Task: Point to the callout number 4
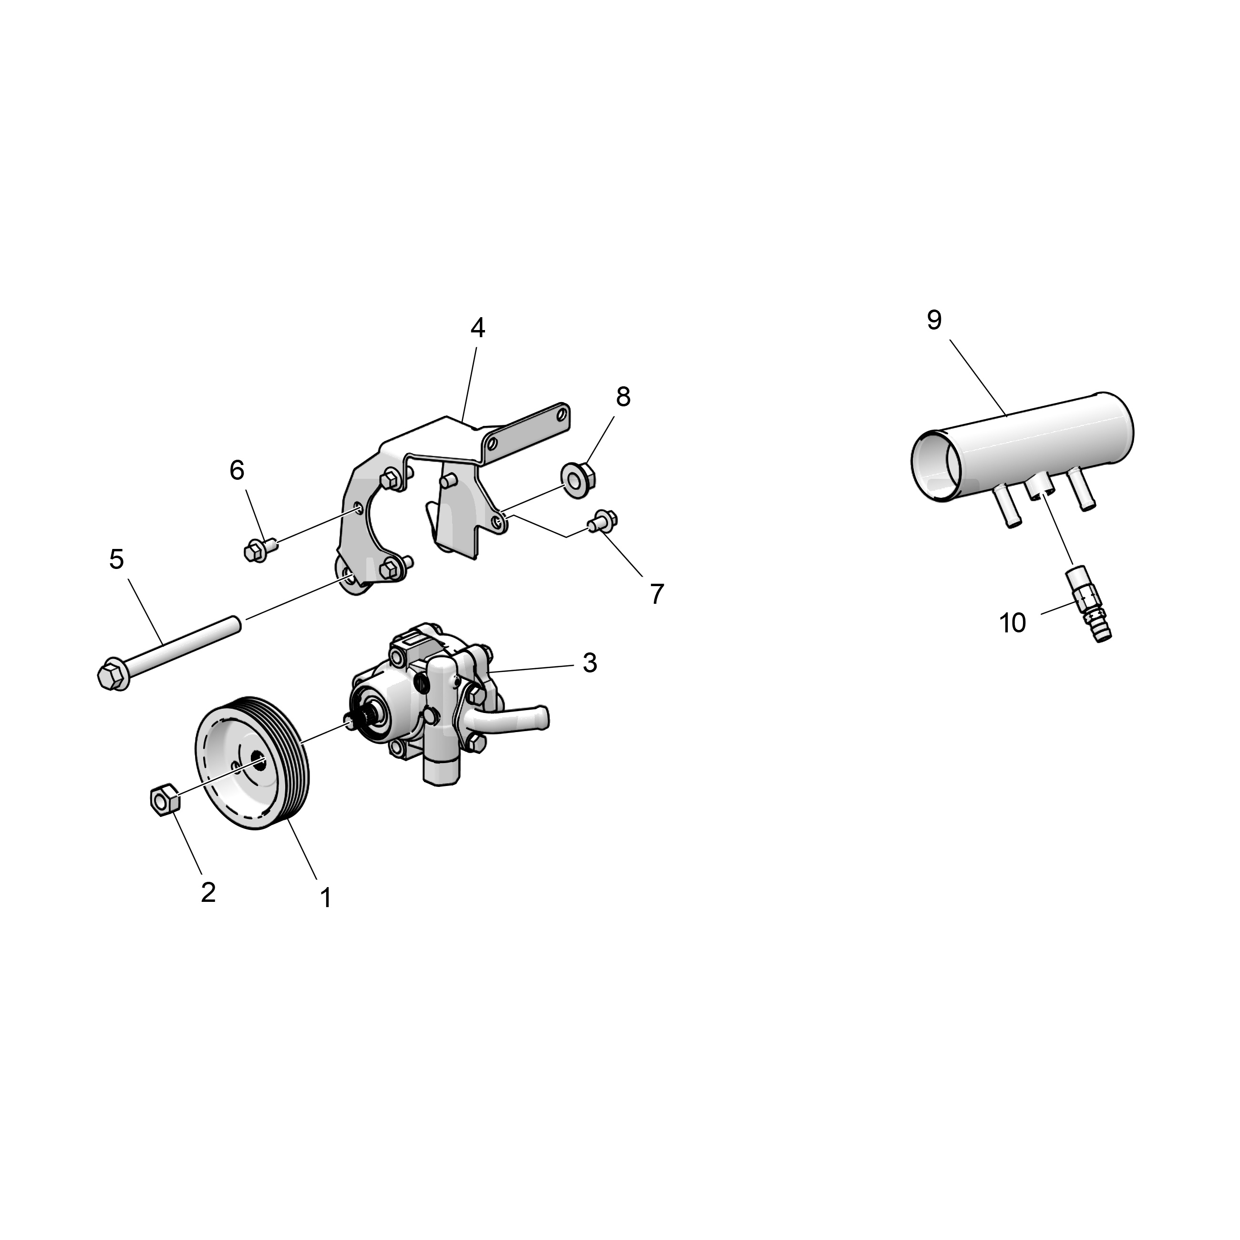tap(477, 328)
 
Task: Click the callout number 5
tap(116, 559)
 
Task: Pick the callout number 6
tap(237, 470)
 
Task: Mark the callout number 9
tap(934, 320)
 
